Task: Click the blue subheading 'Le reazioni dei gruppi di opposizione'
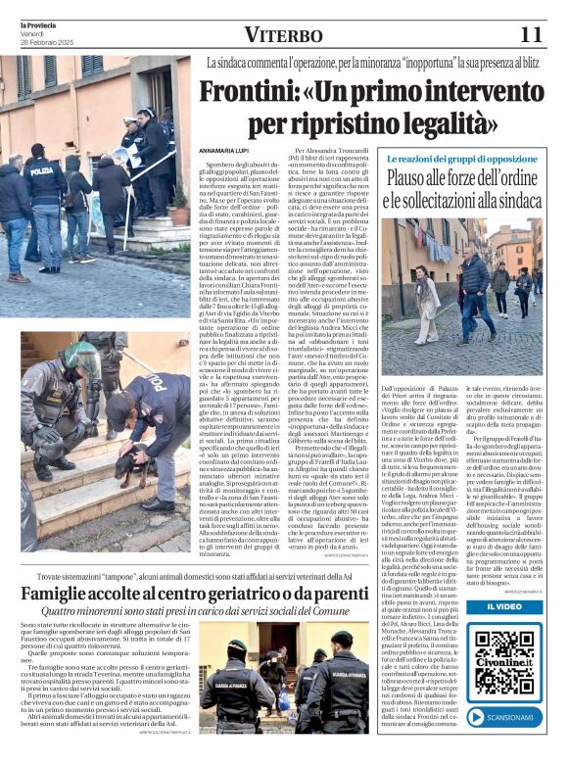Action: [459, 159]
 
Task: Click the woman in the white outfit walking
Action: [427, 302]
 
